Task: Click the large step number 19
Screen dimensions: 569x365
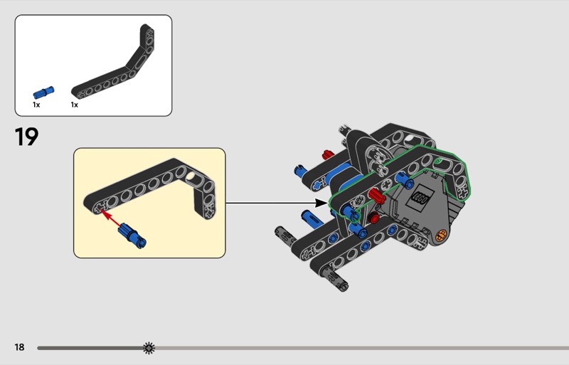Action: pos(26,137)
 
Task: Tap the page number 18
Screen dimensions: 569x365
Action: pos(20,347)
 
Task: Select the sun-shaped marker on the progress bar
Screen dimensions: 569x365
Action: pos(149,348)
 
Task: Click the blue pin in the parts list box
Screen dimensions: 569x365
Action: pos(43,92)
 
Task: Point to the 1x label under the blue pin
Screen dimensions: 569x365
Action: pos(36,105)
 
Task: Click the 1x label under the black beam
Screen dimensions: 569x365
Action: pos(75,105)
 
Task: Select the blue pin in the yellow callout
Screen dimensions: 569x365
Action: pos(132,236)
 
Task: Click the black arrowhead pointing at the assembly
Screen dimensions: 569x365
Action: pos(321,203)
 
